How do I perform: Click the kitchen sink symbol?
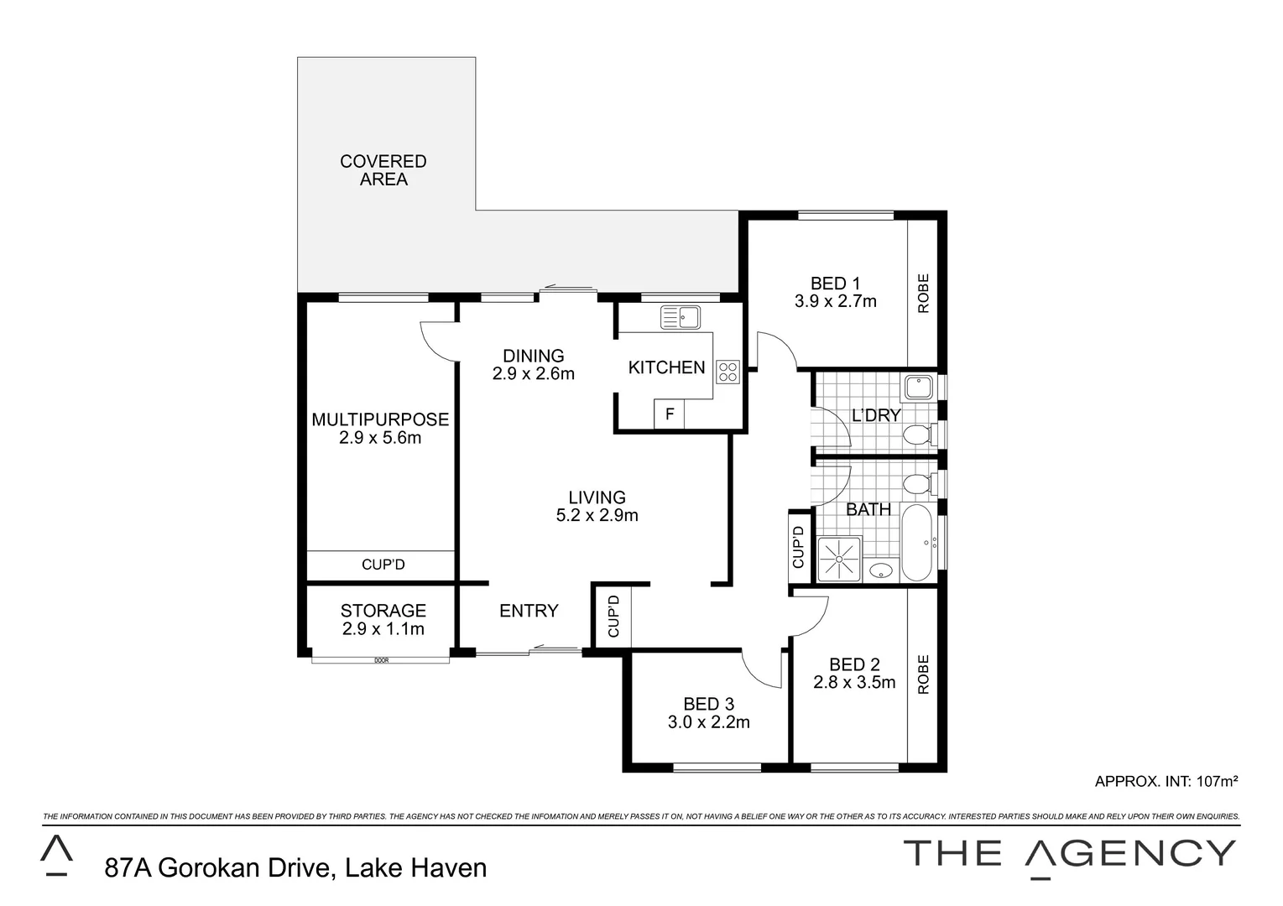click(681, 317)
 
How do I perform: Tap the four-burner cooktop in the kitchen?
click(727, 372)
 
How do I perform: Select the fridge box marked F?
click(669, 414)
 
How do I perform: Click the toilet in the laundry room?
click(916, 435)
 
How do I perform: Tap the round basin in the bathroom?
click(880, 571)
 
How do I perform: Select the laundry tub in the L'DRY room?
click(918, 387)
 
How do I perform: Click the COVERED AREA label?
click(383, 169)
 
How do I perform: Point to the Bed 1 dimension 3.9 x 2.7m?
click(835, 301)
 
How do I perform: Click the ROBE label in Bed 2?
click(924, 674)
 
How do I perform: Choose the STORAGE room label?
click(383, 611)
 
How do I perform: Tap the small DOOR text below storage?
click(382, 661)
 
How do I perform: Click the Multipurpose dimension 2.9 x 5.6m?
click(380, 438)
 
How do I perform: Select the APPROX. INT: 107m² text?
click(1166, 781)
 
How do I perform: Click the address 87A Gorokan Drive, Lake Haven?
click(295, 867)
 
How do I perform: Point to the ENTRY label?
click(529, 611)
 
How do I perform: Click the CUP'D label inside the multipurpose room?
click(383, 565)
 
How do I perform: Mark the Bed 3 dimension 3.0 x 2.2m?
click(708, 722)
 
